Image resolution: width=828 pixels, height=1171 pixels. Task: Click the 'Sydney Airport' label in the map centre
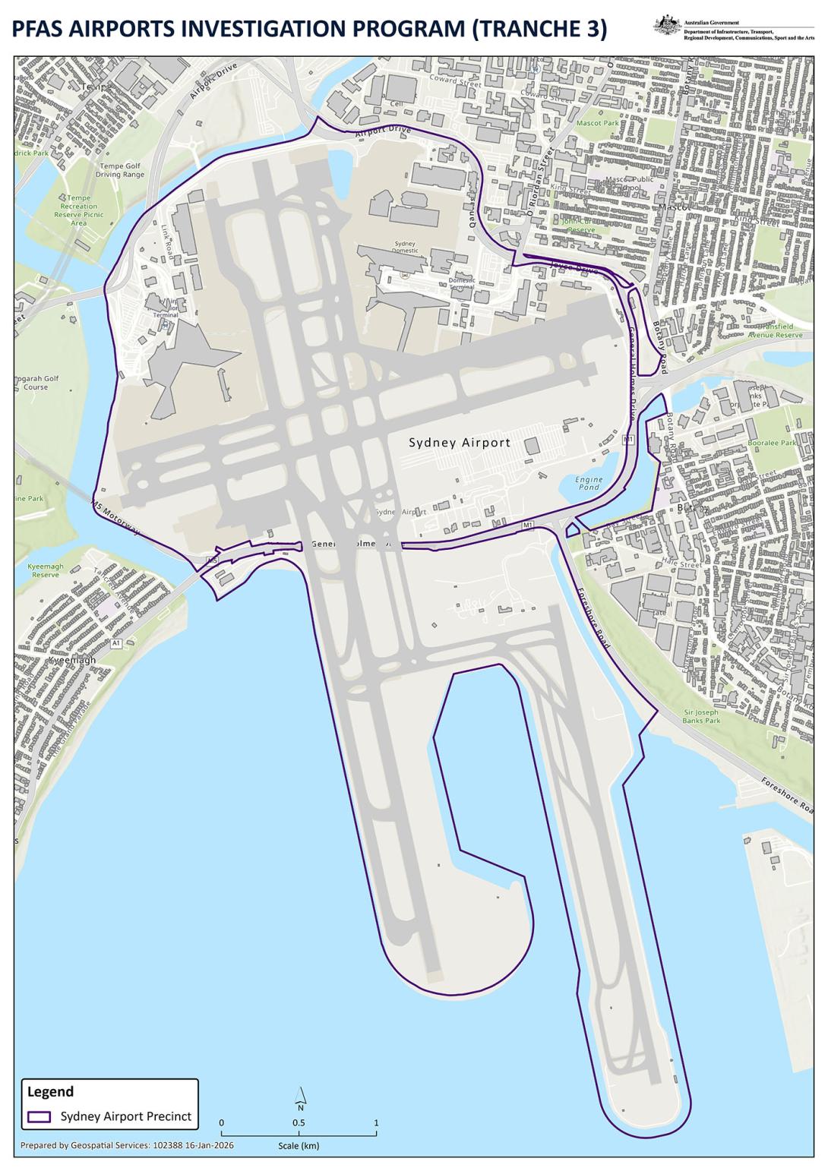coord(460,443)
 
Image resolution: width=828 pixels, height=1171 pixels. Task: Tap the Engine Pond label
coord(588,484)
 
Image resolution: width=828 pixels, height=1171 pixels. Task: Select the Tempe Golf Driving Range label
coord(119,170)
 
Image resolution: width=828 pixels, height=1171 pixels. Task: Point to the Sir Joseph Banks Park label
coord(701,716)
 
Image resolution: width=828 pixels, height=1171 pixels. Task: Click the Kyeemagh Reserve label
coord(46,570)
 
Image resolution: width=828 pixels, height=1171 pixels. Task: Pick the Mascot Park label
coord(597,123)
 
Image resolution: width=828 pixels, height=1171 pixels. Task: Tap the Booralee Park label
coord(772,443)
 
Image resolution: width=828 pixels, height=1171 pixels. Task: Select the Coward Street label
coord(454,80)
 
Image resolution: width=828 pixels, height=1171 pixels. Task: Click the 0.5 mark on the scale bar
coord(299,1123)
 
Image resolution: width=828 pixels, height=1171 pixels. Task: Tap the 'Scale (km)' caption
coord(299,1146)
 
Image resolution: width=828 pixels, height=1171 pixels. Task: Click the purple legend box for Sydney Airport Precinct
coord(39,1117)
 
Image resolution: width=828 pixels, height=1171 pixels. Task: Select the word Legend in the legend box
coord(50,1092)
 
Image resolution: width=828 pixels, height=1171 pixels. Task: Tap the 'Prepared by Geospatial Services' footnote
coord(127,1145)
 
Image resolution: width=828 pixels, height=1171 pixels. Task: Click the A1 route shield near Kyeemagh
coord(116,643)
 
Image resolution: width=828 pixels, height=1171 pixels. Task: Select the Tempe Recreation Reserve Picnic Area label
coord(79,210)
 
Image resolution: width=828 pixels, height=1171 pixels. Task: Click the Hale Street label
coord(681,564)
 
